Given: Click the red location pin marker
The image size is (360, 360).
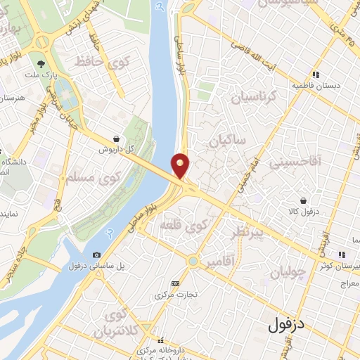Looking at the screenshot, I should (181, 165).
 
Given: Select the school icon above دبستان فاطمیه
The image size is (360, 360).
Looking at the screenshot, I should (316, 73).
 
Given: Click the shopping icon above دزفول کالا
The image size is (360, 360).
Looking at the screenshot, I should (303, 201).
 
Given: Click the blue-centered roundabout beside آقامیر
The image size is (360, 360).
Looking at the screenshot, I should (192, 262).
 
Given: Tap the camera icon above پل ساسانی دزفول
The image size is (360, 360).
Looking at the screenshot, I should (97, 255).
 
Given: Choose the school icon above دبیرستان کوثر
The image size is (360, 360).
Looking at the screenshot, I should (342, 255).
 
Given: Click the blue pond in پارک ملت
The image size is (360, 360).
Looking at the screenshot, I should (63, 91).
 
